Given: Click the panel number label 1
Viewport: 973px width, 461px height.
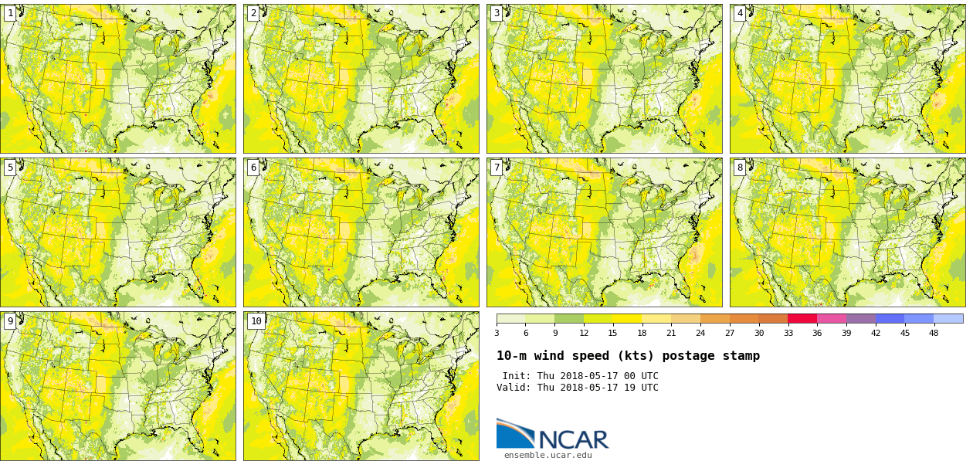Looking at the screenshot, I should point(10,13).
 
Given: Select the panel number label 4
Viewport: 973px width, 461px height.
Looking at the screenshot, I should point(740,13).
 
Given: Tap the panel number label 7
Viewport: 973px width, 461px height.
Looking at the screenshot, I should point(497,168).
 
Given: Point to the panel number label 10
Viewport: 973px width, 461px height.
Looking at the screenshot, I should point(256,321).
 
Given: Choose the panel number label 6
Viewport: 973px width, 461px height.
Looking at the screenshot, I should point(253,168).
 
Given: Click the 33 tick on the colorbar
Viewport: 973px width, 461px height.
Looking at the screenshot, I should point(788,333).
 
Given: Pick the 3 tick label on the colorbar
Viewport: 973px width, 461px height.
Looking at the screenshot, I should point(497,333).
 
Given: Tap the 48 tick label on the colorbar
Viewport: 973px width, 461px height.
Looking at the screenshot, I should point(934,333).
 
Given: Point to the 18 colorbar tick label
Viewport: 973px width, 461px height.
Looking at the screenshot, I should point(642,333).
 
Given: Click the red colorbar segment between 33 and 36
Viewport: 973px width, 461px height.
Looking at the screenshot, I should point(802,318).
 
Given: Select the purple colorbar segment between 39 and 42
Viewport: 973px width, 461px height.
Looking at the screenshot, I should point(860,318).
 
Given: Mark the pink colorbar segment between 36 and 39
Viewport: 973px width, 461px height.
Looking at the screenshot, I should point(832,318).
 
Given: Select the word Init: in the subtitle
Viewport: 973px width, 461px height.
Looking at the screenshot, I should point(517,376).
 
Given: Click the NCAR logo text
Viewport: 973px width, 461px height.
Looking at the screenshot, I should point(573,439).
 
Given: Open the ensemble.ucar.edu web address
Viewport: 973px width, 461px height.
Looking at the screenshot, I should point(548,456).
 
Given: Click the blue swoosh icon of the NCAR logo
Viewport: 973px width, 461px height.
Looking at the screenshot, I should point(514,433).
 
